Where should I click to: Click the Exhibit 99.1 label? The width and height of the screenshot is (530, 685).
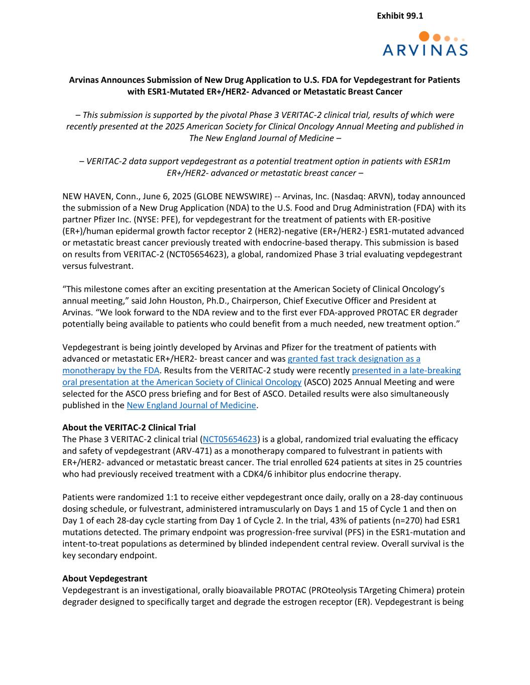[x=399, y=16]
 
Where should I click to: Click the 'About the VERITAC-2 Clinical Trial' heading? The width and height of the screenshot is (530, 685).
[x=129, y=428]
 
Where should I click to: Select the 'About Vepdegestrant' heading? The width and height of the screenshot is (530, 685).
[x=104, y=579]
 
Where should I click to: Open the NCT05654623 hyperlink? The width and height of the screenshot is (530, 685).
[x=230, y=439]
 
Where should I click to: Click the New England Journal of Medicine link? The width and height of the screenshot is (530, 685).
[x=191, y=405]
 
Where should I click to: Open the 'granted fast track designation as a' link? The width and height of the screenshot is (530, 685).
[x=354, y=358]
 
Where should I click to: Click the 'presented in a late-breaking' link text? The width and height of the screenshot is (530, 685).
[x=406, y=370]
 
